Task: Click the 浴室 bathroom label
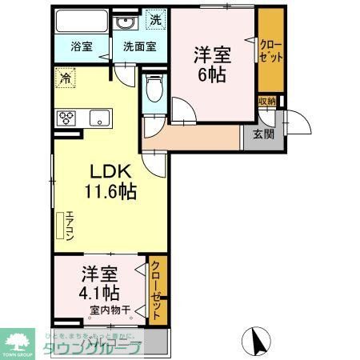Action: point(81,46)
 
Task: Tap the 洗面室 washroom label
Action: point(138,46)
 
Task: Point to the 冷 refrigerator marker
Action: point(63,78)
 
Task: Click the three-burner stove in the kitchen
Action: point(66,118)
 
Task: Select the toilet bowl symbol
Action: point(154,89)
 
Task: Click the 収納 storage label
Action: point(266,102)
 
